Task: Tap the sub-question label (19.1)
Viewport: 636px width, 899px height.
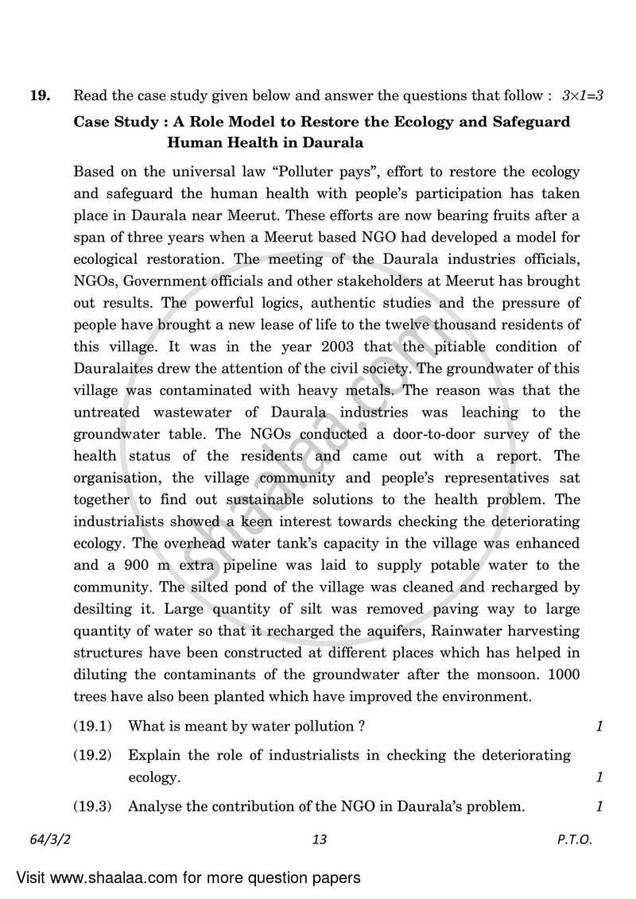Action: tap(93, 726)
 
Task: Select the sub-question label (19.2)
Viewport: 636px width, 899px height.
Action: tap(93, 754)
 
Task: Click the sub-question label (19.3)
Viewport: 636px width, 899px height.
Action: tap(93, 806)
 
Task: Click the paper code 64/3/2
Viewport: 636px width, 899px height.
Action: tap(46, 839)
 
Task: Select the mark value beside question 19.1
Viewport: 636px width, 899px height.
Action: tap(599, 726)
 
